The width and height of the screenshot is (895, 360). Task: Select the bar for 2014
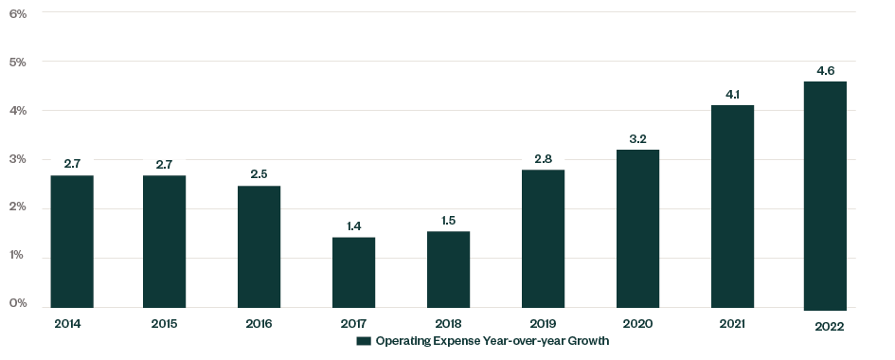point(72,242)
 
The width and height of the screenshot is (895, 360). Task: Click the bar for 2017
point(353,272)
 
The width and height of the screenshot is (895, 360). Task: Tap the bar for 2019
point(543,239)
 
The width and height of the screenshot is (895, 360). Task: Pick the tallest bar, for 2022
point(825,195)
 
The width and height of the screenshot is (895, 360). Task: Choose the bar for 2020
point(637,228)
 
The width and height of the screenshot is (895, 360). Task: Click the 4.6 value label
point(825,70)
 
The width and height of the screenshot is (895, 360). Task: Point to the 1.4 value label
point(353,225)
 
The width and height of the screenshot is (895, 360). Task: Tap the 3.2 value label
point(637,138)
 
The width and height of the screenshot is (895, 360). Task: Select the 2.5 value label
point(259,174)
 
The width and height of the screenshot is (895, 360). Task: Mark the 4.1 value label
point(731,94)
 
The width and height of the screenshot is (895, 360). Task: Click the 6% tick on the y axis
point(18,13)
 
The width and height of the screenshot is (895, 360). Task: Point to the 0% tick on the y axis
point(18,303)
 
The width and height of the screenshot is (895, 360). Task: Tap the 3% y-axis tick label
point(18,158)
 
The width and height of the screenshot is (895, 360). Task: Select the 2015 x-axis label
point(166,324)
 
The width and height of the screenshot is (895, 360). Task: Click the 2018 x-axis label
point(448,324)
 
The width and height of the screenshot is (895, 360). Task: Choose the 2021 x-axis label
point(731,324)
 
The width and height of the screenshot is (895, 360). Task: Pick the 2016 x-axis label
point(259,324)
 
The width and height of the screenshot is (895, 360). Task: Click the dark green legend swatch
point(362,341)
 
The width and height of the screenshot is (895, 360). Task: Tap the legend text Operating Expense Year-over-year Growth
point(492,341)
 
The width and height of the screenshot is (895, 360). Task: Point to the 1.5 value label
point(448,220)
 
